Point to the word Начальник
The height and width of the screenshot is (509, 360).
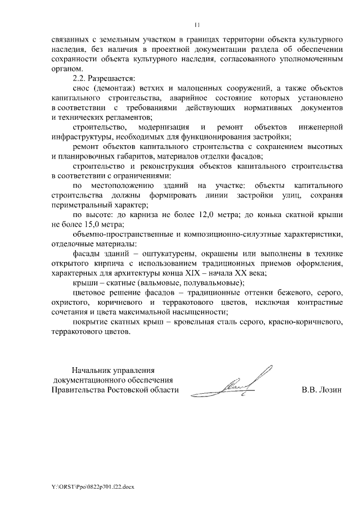pos(93,370)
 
